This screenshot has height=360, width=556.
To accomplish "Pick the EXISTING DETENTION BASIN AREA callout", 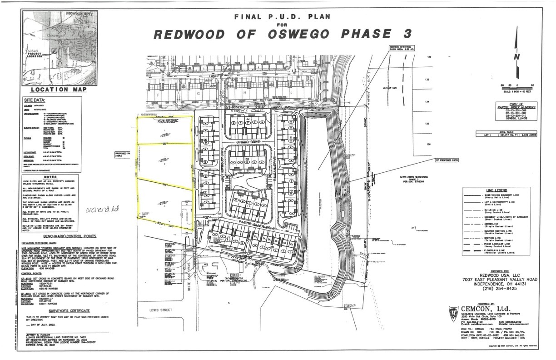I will point(402,49).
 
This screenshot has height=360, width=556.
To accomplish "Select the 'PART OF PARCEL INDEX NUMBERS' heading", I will point(522,106).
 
